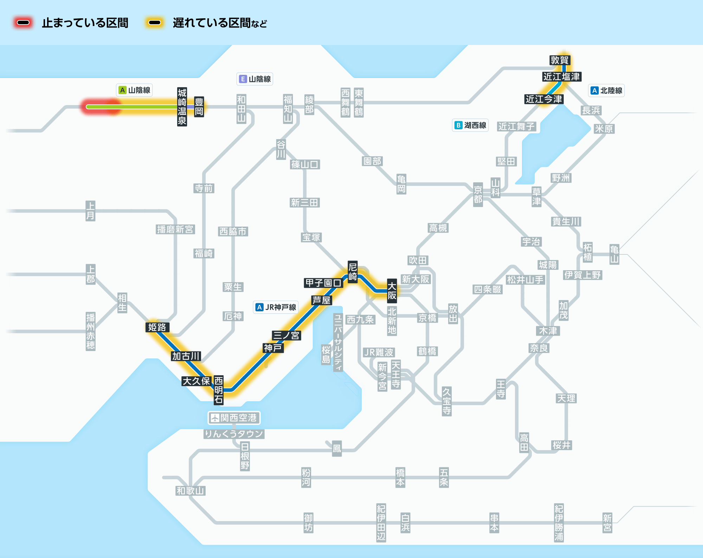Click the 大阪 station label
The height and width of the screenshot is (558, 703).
pyautogui.click(x=392, y=291)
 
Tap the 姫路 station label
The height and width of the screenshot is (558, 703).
pyautogui.click(x=157, y=327)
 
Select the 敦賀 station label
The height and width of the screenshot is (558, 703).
pyautogui.click(x=560, y=60)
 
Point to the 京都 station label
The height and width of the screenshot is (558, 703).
pyautogui.click(x=478, y=194)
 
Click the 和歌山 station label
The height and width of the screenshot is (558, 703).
pyautogui.click(x=190, y=491)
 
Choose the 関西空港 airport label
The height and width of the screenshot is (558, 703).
pyautogui.click(x=234, y=418)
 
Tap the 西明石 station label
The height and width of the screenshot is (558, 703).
pyautogui.click(x=219, y=390)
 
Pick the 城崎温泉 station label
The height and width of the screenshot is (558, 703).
pyautogui.click(x=182, y=107)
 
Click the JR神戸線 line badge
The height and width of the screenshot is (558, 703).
pyautogui.click(x=276, y=307)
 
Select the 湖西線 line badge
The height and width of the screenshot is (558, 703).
pyautogui.click(x=470, y=125)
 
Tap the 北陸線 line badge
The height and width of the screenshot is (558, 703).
pyautogui.click(x=606, y=91)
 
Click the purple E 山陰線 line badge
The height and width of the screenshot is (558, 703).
pyautogui.click(x=255, y=79)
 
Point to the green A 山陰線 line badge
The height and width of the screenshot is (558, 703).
pyautogui.click(x=134, y=90)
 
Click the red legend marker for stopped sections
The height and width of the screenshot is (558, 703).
pyautogui.click(x=23, y=23)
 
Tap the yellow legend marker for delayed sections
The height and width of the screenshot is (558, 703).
pyautogui.click(x=155, y=23)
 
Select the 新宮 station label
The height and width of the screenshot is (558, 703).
pyautogui.click(x=607, y=523)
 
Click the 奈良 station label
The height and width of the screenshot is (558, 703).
pyautogui.click(x=539, y=348)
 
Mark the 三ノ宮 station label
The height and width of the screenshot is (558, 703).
pyautogui.click(x=286, y=335)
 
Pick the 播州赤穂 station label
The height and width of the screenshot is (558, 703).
pyautogui.click(x=91, y=331)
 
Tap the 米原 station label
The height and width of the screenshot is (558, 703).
pyautogui.click(x=604, y=129)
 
